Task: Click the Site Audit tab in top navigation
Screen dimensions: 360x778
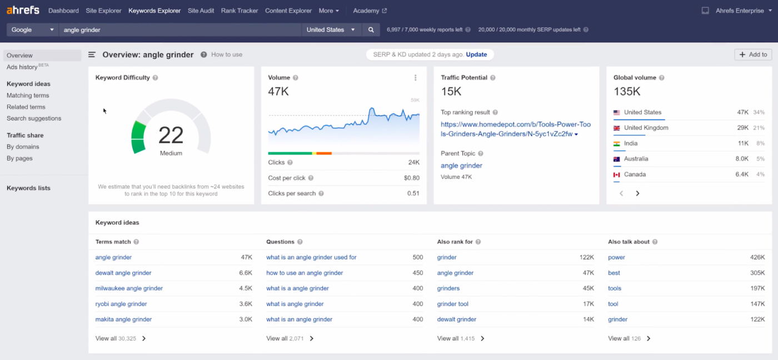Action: [201, 11]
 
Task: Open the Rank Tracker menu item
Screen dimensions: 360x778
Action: [240, 11]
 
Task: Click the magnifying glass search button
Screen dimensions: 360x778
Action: [371, 30]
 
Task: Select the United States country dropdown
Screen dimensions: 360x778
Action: [331, 30]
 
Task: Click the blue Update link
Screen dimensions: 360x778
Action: [476, 54]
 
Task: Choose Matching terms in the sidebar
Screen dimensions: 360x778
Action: [28, 96]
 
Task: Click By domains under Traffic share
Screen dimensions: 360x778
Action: [23, 147]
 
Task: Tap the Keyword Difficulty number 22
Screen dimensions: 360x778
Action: [171, 135]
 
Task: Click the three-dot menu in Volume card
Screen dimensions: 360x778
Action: [415, 78]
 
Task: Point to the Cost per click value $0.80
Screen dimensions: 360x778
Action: [411, 178]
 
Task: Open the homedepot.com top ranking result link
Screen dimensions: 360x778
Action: [508, 129]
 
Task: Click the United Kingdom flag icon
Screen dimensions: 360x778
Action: [617, 128]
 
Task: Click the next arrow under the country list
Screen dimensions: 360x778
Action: [637, 193]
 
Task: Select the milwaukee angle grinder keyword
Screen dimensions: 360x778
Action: [129, 288]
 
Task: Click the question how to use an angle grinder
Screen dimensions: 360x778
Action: [305, 273]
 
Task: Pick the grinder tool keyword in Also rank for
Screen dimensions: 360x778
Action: [452, 304]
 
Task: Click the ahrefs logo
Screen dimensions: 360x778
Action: [23, 10]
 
